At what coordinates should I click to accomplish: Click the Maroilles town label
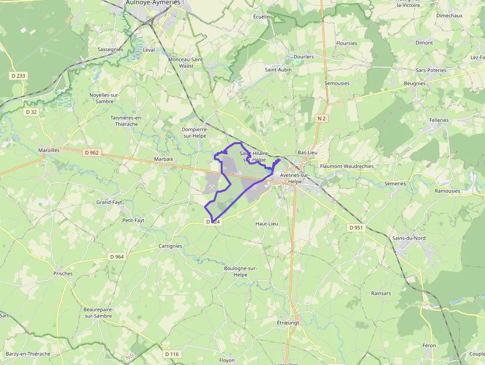tap(49, 150)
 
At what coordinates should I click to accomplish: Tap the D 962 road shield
tap(93, 153)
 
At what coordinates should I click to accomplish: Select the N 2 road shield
tap(322, 118)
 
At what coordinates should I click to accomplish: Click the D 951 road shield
tap(355, 228)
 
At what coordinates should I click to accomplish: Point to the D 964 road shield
tap(117, 257)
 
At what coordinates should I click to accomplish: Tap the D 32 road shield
tap(31, 112)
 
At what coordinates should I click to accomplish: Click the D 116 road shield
tap(171, 354)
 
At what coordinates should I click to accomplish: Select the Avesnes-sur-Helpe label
tap(294, 178)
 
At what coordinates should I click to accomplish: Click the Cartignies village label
tap(170, 246)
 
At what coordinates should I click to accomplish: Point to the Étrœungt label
tap(288, 322)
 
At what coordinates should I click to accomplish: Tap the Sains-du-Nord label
tap(409, 238)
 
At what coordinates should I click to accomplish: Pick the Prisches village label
tap(63, 273)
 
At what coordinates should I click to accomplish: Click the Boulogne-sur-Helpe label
tap(240, 271)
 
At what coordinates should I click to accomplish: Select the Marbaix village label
tap(164, 159)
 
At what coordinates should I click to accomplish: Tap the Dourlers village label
tap(304, 57)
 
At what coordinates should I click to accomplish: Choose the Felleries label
tap(439, 120)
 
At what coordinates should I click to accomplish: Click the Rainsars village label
tap(381, 293)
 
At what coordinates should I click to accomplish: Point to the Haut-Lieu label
tap(267, 224)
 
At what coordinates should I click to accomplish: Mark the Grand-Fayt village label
tap(109, 203)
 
